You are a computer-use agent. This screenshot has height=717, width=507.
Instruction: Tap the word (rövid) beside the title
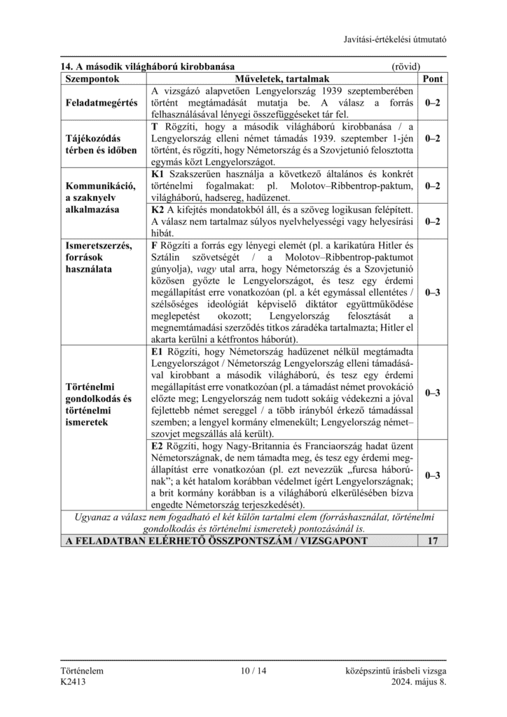(x=405, y=67)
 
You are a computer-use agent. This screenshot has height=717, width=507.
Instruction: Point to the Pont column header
(x=432, y=78)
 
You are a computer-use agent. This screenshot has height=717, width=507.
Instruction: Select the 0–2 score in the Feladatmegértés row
(x=432, y=103)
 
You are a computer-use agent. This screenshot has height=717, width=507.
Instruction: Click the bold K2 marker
(x=158, y=209)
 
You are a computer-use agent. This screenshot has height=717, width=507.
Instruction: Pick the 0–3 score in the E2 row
(x=432, y=475)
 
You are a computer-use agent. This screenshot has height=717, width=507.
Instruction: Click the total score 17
(x=432, y=541)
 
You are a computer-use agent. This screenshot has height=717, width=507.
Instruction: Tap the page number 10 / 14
(x=253, y=671)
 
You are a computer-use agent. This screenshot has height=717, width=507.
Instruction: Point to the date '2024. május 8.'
(x=419, y=682)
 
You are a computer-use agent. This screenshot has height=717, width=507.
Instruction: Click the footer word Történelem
(x=82, y=671)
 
